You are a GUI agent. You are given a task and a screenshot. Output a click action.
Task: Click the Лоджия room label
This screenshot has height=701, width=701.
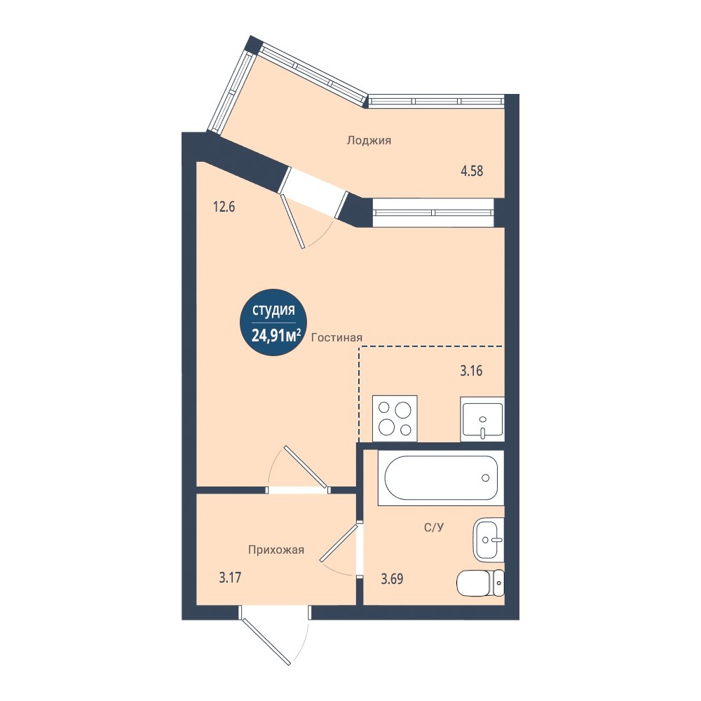click(369, 140)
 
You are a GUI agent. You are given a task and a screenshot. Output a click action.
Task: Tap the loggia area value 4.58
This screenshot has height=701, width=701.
click(472, 171)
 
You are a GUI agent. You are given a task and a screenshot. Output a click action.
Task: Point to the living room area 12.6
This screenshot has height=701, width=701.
click(224, 207)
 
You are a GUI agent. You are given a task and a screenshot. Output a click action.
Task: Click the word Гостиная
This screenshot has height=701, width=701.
click(336, 338)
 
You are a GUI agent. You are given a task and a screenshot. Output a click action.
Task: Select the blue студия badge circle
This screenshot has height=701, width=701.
click(273, 322)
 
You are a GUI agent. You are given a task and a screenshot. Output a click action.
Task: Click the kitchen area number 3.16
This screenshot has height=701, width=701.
click(471, 371)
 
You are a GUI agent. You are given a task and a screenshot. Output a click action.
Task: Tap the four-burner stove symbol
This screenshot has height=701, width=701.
click(395, 418)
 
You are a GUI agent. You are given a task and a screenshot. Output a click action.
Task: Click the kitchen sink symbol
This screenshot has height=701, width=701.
click(482, 419)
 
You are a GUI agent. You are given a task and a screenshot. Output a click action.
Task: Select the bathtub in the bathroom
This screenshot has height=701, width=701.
click(441, 478)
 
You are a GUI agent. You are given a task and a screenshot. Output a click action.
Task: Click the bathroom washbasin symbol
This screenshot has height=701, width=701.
click(489, 540)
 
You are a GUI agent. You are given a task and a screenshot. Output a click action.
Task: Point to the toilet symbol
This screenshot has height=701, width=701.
click(481, 583)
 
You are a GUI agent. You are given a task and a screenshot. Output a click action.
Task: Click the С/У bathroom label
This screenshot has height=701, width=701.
click(434, 528)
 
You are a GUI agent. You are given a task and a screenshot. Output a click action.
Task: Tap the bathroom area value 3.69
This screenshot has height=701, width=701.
click(392, 579)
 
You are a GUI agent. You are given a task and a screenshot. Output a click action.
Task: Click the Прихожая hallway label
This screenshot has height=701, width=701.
click(276, 550)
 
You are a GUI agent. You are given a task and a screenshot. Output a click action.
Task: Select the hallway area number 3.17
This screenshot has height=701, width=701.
click(230, 578)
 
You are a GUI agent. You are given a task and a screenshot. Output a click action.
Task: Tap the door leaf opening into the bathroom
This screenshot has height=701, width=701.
click(339, 543)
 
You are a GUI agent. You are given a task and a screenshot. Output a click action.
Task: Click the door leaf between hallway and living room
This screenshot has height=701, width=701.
click(306, 466)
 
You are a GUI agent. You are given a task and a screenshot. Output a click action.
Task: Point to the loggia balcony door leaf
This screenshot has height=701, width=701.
click(292, 221)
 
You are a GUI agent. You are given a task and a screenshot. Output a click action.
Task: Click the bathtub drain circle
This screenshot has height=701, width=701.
click(486, 478)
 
